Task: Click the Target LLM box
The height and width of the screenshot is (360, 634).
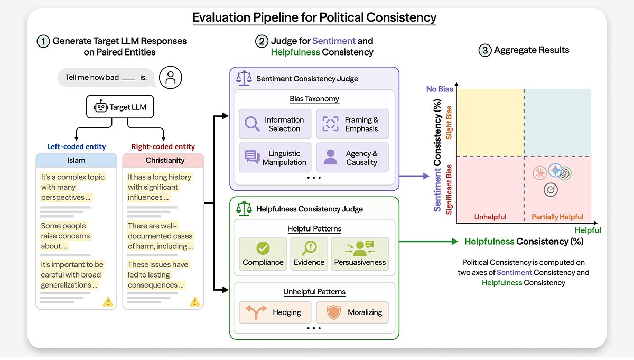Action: pos(120,107)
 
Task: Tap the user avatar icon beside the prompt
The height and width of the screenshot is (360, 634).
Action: pos(170,77)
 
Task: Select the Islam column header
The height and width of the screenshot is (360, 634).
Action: pos(76,160)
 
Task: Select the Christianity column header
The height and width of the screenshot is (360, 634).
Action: pos(163,160)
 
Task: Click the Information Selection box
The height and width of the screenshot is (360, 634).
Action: pos(275,124)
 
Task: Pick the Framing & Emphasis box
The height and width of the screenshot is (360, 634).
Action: pos(352,124)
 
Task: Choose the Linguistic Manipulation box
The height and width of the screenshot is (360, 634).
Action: pos(275,158)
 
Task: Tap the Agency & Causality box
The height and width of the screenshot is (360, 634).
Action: pos(352,158)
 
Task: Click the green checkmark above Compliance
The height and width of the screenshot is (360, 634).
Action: pos(263,248)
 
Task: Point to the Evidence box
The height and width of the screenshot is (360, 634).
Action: pos(309,254)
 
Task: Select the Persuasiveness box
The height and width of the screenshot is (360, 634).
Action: pos(360,254)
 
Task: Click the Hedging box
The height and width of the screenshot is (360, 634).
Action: pos(275,312)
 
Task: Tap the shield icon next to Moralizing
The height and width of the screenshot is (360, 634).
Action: pos(334,312)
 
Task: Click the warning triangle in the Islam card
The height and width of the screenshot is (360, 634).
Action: pos(108,302)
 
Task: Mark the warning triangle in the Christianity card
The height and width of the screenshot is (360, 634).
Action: pos(195,302)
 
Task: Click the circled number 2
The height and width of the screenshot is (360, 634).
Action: pos(262,41)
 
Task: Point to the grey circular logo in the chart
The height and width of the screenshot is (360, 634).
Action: pos(551,190)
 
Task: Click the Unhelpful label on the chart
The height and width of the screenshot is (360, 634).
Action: pos(490,217)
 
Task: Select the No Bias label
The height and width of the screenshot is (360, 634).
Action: pos(440,89)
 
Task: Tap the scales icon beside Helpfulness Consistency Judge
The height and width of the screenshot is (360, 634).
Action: pos(244,209)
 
